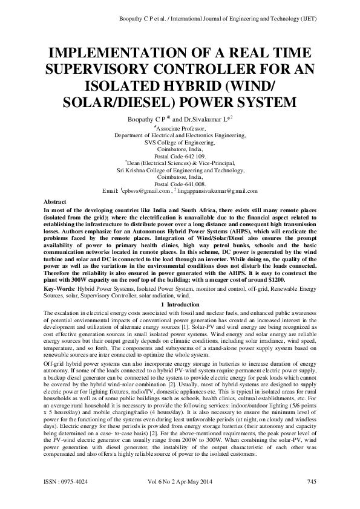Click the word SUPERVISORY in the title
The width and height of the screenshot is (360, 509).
coord(126,68)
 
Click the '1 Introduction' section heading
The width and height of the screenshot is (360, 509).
coord(180,305)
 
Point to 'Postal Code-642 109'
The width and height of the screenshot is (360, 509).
coord(180,155)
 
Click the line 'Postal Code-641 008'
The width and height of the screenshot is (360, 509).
coord(180,184)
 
